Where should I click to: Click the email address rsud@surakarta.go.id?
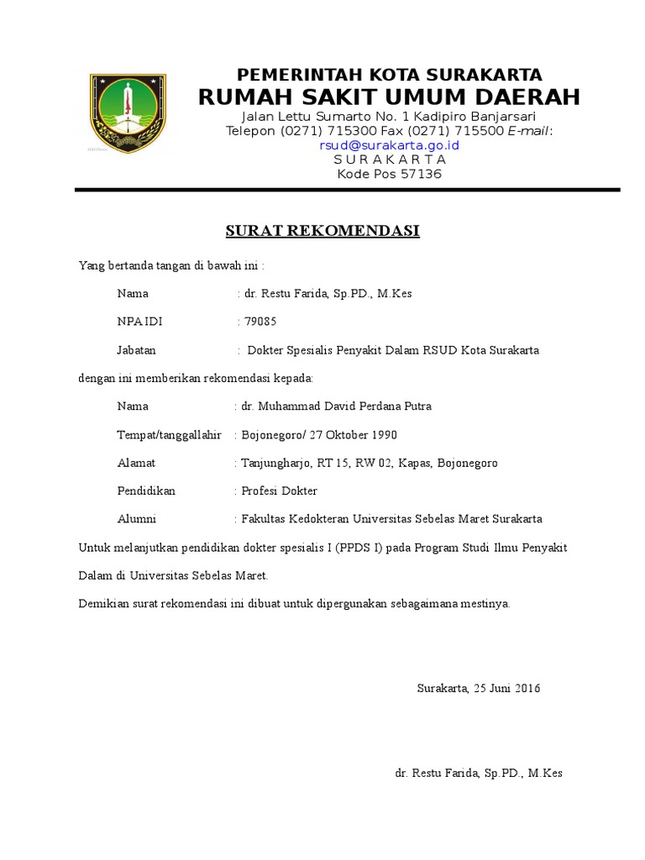[389, 145]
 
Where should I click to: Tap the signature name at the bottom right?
[479, 773]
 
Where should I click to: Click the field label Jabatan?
[137, 350]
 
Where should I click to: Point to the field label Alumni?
[136, 519]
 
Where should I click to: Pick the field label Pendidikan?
[147, 491]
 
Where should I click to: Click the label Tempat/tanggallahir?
[169, 435]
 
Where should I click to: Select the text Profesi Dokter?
[280, 491]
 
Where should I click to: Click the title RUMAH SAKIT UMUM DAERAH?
[389, 97]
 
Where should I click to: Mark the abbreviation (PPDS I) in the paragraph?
[359, 548]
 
